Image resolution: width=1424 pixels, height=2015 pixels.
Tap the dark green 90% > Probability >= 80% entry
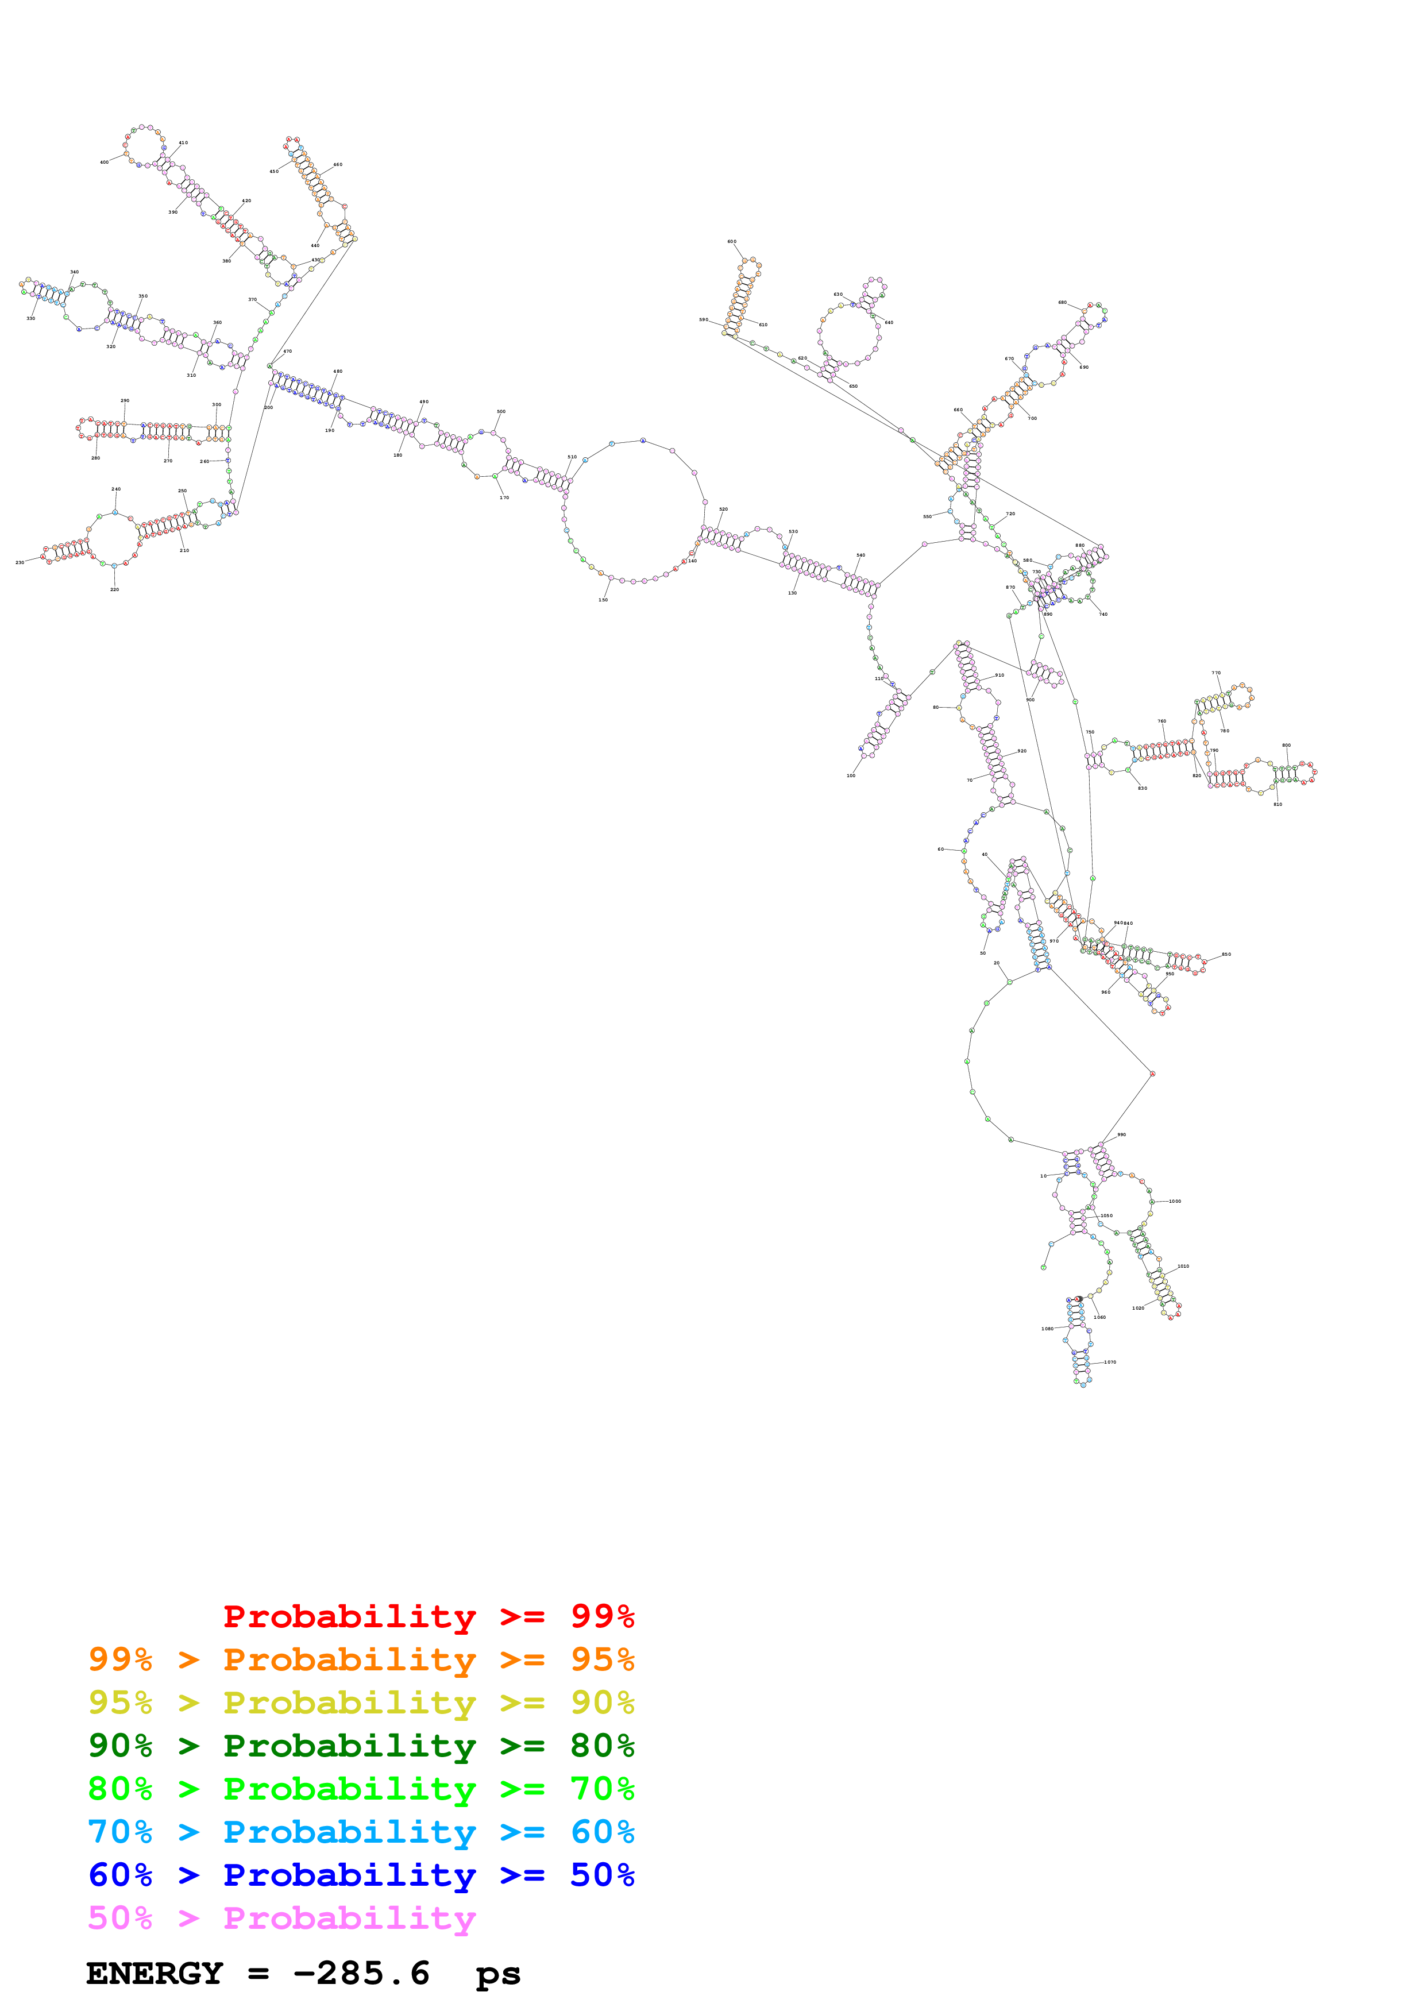click(361, 1746)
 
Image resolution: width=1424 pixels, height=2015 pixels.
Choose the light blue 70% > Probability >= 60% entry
click(361, 1832)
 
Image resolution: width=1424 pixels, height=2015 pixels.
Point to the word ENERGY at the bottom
click(155, 1974)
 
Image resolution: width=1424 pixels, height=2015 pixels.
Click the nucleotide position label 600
click(732, 241)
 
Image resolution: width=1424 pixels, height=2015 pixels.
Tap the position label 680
click(1063, 303)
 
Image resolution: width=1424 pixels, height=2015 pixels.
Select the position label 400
click(105, 163)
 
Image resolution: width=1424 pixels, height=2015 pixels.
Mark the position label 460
click(338, 164)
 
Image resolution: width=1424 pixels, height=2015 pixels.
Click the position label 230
click(20, 562)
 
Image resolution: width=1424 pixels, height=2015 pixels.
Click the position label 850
click(1226, 954)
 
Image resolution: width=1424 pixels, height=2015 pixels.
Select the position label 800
click(1286, 745)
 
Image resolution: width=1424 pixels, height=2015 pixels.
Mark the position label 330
click(30, 319)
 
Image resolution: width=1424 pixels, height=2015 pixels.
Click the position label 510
click(572, 457)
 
